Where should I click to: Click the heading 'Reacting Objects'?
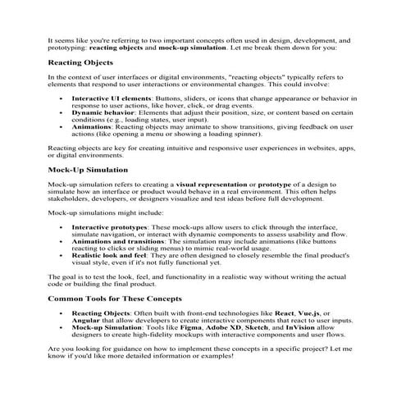[80, 62]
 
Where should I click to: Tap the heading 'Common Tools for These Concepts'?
[115, 299]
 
